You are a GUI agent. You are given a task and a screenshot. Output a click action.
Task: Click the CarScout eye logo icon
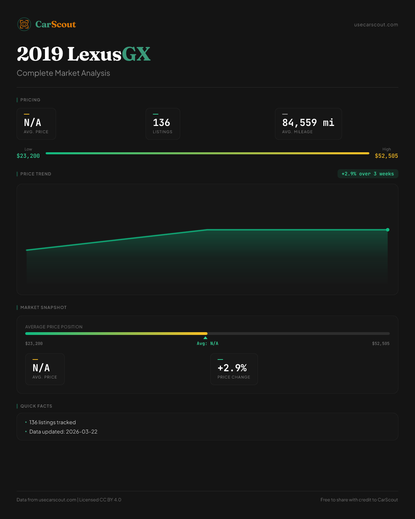click(x=24, y=24)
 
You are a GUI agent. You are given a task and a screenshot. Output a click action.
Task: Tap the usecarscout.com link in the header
click(x=376, y=25)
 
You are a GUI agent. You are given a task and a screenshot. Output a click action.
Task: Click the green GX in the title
click(x=136, y=54)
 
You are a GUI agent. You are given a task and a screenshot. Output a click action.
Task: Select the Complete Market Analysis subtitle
click(x=63, y=73)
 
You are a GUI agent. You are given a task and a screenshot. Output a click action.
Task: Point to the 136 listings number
click(x=162, y=123)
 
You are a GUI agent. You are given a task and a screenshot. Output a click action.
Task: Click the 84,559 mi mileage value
click(x=308, y=123)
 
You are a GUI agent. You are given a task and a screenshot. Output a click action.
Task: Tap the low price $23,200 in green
click(x=28, y=156)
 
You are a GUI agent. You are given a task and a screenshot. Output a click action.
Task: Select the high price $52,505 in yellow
click(x=386, y=156)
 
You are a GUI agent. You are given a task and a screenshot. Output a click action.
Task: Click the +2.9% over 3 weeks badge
click(x=368, y=174)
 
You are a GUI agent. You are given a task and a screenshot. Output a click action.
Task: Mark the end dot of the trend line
click(x=388, y=230)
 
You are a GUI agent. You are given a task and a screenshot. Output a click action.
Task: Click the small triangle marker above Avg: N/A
click(x=205, y=338)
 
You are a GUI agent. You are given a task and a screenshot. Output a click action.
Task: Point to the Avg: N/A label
click(x=207, y=344)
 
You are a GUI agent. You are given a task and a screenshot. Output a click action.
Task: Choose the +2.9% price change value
click(x=232, y=368)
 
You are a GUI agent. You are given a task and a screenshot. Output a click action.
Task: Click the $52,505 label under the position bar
click(x=380, y=344)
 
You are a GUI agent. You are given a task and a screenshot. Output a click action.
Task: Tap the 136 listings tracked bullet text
click(x=53, y=422)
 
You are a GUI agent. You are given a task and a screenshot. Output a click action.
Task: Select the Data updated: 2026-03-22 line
click(x=63, y=432)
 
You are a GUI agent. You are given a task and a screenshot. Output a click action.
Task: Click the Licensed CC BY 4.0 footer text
click(x=100, y=500)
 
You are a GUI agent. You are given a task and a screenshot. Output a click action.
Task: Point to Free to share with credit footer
click(x=359, y=500)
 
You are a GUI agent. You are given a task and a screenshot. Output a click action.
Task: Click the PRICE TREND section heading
click(x=36, y=174)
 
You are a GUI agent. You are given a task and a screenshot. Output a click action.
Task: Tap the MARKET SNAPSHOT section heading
click(x=43, y=308)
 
